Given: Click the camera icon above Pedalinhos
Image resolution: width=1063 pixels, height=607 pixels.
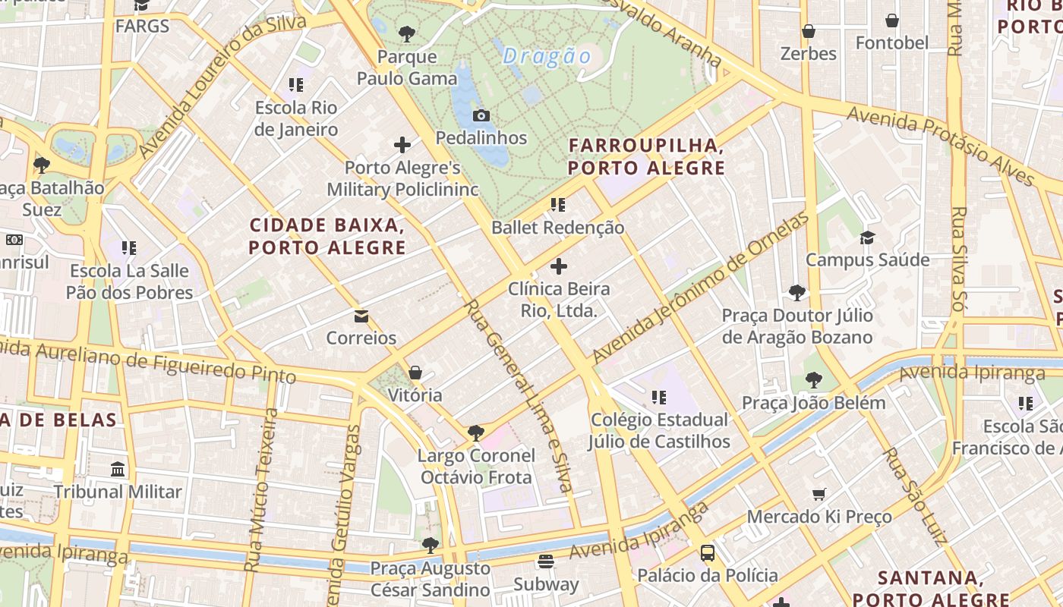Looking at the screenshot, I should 481,116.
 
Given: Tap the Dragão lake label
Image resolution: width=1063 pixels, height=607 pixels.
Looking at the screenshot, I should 547,56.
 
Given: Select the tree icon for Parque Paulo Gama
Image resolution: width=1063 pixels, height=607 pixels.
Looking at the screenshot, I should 407,33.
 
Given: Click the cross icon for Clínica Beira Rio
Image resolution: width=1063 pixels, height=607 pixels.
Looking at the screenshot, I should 559,266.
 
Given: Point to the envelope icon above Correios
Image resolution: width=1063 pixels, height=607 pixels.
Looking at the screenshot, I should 361,316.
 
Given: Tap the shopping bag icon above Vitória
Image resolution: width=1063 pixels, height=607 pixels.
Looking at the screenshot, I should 415,373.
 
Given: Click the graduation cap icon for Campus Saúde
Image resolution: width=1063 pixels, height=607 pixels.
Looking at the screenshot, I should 867,238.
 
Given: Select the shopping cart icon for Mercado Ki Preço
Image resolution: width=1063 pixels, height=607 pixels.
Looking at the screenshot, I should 819,495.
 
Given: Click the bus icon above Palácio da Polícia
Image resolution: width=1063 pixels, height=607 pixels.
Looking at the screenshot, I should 708,553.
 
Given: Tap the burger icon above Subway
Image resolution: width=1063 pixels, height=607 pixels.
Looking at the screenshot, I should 545,562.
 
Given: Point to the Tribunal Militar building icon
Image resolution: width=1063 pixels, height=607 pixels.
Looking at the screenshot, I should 118,470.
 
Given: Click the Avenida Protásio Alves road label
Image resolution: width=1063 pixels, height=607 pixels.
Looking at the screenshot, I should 942,144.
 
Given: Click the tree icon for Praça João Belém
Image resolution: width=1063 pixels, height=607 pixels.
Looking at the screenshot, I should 814,380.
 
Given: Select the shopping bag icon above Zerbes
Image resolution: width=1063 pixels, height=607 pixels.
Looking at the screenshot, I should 809,32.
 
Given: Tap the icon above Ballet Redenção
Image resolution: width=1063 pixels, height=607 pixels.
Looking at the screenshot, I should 558,205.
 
